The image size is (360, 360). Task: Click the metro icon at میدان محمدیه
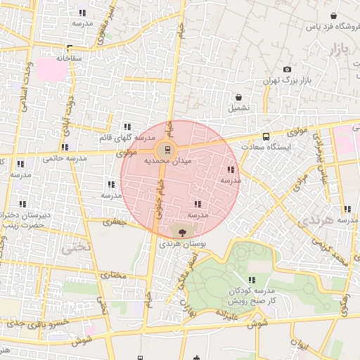[167, 149]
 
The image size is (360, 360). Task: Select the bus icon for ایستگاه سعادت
[266, 136]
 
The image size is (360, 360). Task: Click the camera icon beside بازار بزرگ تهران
[287, 69]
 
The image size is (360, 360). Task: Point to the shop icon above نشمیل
[239, 97]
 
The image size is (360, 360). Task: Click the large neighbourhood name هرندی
[316, 221]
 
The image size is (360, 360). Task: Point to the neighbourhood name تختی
[75, 247]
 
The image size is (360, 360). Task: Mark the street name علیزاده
[231, 314]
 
